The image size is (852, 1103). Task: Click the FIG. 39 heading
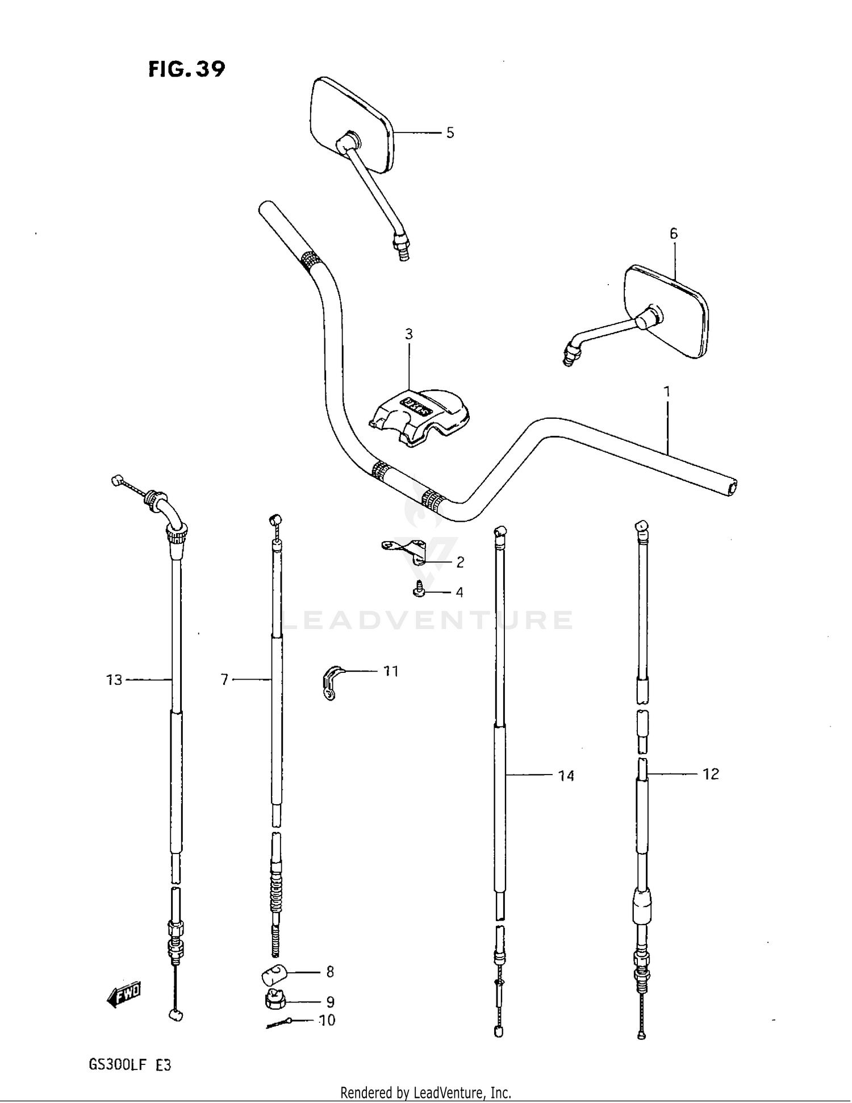[186, 69]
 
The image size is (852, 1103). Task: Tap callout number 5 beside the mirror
[450, 133]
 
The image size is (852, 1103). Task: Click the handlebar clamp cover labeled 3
[421, 417]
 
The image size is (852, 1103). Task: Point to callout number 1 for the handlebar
[667, 392]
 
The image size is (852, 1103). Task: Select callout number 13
[114, 680]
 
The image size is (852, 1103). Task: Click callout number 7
[224, 680]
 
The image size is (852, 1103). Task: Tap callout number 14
[566, 776]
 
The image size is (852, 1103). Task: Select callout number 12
[711, 774]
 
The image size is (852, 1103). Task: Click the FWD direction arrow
[124, 994]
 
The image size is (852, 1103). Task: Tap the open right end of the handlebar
[732, 488]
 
